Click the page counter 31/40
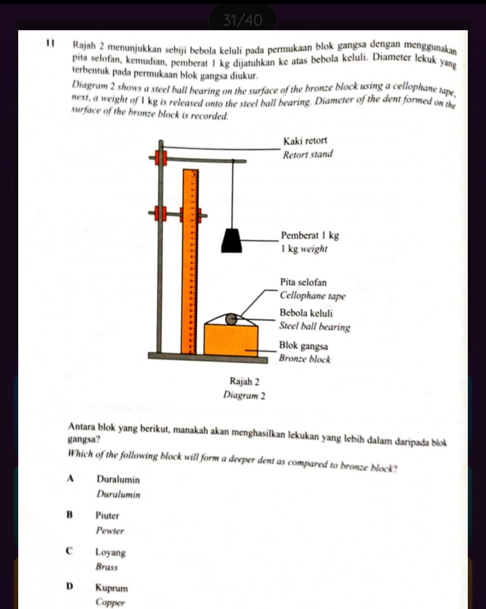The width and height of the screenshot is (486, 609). [243, 20]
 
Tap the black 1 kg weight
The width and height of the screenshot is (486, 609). [232, 241]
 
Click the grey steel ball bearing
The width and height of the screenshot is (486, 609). [231, 319]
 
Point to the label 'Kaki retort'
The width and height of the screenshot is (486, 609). [305, 141]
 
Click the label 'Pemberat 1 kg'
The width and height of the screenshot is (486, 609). [310, 235]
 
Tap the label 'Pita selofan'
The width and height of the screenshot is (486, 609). [303, 282]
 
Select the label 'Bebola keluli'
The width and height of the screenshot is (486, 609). [306, 313]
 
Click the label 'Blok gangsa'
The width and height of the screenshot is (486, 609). [303, 346]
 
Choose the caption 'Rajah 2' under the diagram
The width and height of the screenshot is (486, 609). [244, 382]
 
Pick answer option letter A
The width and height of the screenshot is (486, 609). [70, 479]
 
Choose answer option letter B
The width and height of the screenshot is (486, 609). [69, 515]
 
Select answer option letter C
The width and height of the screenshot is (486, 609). [69, 551]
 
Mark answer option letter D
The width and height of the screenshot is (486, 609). [69, 587]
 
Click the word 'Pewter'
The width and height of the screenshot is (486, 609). [110, 531]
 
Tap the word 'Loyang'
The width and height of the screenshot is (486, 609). [110, 552]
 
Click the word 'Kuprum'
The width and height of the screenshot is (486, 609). [111, 588]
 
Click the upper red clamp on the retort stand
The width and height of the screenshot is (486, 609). [161, 158]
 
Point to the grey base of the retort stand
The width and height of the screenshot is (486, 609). [208, 358]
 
